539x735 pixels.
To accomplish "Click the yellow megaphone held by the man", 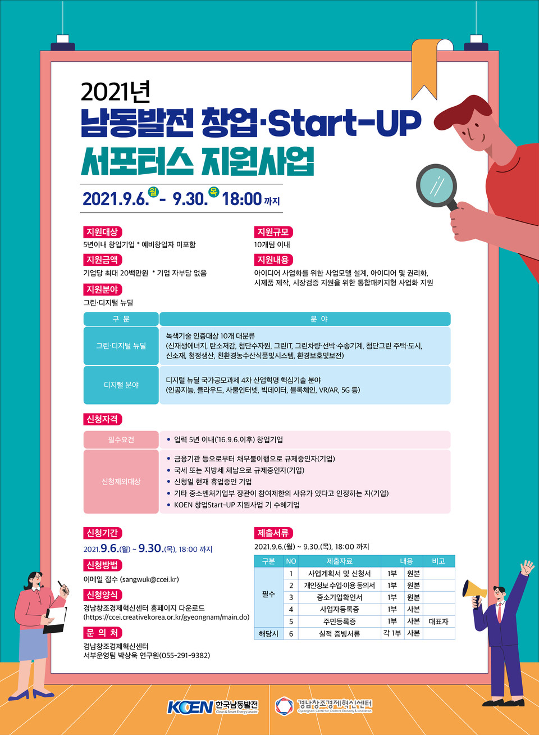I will point(474,589).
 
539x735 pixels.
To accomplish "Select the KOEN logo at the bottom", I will point(190,707).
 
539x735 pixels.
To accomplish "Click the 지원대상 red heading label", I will point(102,232).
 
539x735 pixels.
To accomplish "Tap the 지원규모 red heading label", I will point(273,232).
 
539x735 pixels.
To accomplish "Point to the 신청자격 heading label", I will point(102,419).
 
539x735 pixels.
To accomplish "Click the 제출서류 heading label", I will point(273,533).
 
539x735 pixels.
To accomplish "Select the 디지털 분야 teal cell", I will point(121,385).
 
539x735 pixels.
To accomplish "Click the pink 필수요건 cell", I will point(121,439).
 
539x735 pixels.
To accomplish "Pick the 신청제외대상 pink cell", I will point(121,482).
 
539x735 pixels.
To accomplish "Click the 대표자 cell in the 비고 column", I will point(438,621).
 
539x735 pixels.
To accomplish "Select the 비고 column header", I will point(438,561).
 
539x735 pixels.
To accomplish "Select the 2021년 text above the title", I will point(115,91).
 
